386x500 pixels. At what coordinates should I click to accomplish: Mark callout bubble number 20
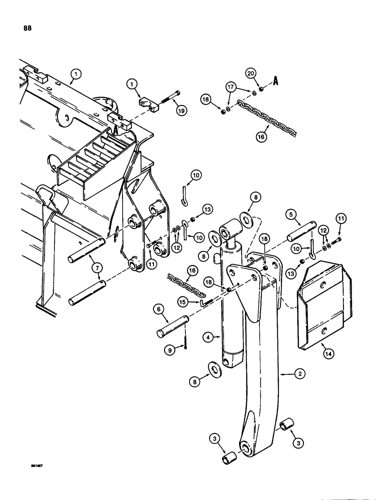pyautogui.click(x=251, y=73)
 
